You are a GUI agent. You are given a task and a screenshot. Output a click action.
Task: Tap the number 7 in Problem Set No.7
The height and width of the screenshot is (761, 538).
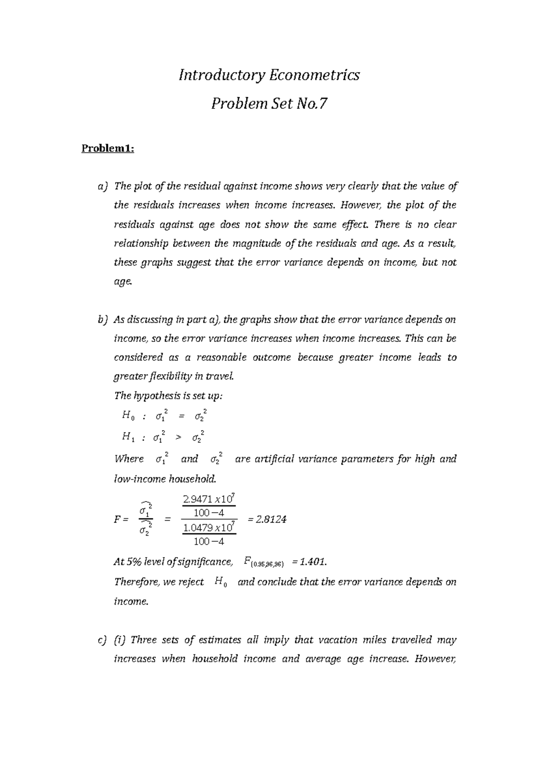tap(322, 104)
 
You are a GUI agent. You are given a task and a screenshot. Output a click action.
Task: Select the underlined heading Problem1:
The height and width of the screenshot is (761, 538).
tap(108, 148)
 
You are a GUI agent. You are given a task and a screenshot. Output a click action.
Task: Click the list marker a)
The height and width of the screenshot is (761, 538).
tap(103, 186)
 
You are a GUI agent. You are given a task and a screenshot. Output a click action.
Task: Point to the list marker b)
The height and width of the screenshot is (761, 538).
tap(103, 320)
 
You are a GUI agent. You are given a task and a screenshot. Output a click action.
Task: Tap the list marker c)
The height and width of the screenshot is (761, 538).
tap(103, 640)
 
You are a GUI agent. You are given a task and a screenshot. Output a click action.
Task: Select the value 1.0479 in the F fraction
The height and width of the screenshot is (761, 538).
tap(198, 528)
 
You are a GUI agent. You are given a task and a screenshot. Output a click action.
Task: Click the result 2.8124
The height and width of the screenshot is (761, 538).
tap(272, 519)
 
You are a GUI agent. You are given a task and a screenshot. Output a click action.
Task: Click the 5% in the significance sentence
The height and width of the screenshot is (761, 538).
tap(134, 562)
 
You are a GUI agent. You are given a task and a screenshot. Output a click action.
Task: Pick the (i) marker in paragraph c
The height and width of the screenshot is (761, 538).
tap(120, 640)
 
